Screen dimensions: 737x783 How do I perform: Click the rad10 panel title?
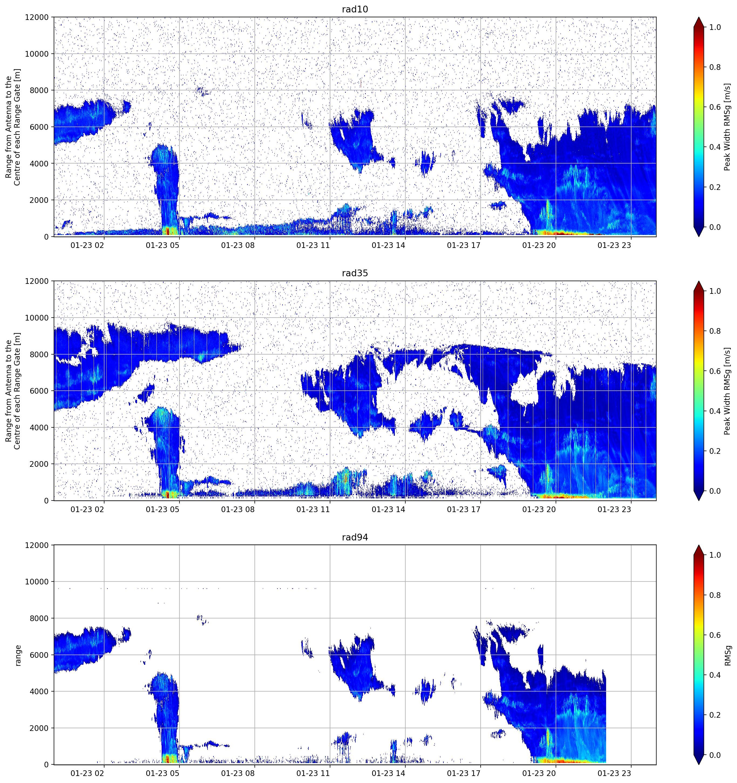355,9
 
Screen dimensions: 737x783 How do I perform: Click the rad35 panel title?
355,273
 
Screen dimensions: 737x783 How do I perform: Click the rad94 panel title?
355,537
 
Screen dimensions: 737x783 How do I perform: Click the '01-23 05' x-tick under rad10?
162,245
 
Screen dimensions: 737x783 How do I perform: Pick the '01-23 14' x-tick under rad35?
388,509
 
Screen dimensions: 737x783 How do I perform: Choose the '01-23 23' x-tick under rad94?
614,773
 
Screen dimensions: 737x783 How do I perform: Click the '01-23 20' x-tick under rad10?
539,245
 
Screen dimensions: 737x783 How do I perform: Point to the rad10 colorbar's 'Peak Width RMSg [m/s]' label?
727,127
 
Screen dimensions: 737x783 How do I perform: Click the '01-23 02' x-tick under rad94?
87,773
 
